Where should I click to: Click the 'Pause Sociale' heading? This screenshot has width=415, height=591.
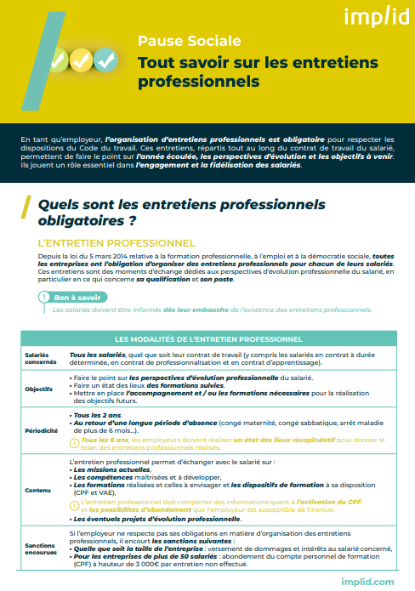pos(189,40)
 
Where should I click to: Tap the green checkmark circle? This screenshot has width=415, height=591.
pos(57,61)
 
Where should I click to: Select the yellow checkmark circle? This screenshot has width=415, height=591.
pos(81,60)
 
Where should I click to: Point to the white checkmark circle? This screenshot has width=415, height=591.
pos(105,60)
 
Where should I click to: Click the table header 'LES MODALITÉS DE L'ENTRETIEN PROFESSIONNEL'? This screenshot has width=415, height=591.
pos(207,340)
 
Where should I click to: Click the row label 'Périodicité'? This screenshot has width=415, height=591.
pos(40,430)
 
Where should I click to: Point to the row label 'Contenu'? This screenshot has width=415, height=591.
pos(37,490)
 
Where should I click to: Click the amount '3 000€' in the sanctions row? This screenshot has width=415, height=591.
pos(140,564)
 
